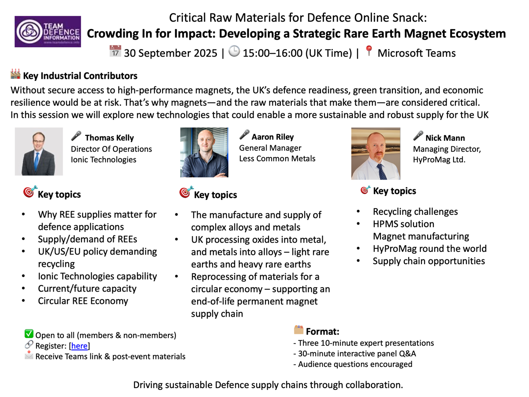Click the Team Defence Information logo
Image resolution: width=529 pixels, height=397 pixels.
point(48,31)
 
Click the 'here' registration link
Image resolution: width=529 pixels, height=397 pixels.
point(79,346)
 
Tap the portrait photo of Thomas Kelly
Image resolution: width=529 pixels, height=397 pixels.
point(39,152)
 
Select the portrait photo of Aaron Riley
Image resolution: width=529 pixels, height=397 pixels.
point(204,153)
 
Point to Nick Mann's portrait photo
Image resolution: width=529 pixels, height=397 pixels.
point(376,154)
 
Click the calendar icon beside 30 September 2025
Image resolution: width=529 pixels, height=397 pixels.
point(115,52)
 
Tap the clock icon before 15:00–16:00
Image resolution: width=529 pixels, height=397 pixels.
point(235,52)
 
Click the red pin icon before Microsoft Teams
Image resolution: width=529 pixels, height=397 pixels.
point(369,52)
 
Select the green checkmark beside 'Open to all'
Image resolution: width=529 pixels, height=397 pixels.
point(29,334)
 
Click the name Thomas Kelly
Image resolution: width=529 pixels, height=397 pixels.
point(109,138)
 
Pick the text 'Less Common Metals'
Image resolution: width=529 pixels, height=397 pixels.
point(277,158)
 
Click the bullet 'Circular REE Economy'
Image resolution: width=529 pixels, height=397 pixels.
point(83,301)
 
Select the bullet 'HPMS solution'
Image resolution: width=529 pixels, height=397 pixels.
point(403,224)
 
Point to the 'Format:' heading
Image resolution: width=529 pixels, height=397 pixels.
point(322,332)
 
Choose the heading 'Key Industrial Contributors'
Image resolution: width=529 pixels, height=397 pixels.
point(80,76)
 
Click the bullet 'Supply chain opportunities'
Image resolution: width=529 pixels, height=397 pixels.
point(428,261)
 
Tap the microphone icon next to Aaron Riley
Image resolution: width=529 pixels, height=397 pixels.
point(244,135)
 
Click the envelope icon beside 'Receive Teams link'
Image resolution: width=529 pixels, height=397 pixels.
point(29,355)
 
